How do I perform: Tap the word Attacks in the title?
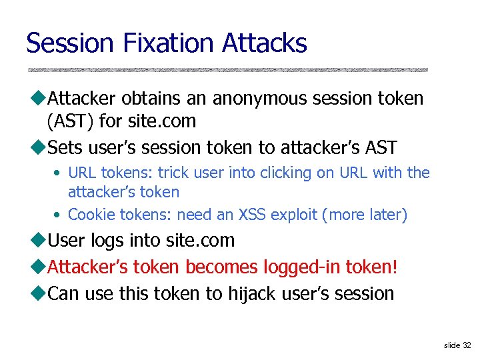pos(265,43)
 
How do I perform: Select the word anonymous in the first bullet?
pos(275,99)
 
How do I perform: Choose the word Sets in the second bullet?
pos(65,147)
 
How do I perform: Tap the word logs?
pos(111,240)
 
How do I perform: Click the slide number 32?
pos(466,345)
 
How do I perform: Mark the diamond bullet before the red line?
pos(38,267)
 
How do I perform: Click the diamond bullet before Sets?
pos(38,147)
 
